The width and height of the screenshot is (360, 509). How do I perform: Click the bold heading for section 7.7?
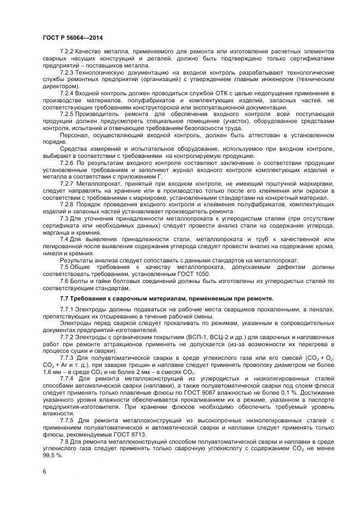(167, 299)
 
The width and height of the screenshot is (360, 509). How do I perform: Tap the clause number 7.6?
(64, 281)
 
